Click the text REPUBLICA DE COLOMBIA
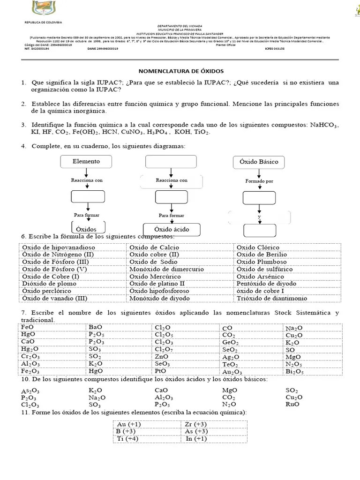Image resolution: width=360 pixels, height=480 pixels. pos(43,22)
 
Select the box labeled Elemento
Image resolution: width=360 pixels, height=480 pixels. pos(86,161)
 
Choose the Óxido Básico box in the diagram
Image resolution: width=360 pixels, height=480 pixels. pos(258,162)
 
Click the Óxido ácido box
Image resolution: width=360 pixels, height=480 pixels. pos(171,229)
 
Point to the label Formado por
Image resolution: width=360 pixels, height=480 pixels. pos(259,181)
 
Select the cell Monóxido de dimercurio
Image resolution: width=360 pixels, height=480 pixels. pos(166,269)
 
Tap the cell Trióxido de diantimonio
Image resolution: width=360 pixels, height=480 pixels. pos(272,298)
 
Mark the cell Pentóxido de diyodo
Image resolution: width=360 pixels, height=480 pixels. pos(266,284)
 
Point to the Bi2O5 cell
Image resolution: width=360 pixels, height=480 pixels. pos(294,372)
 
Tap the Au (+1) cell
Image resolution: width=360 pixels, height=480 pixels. pos(129,424)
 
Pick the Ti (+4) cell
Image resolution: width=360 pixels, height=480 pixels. pos(128,439)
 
